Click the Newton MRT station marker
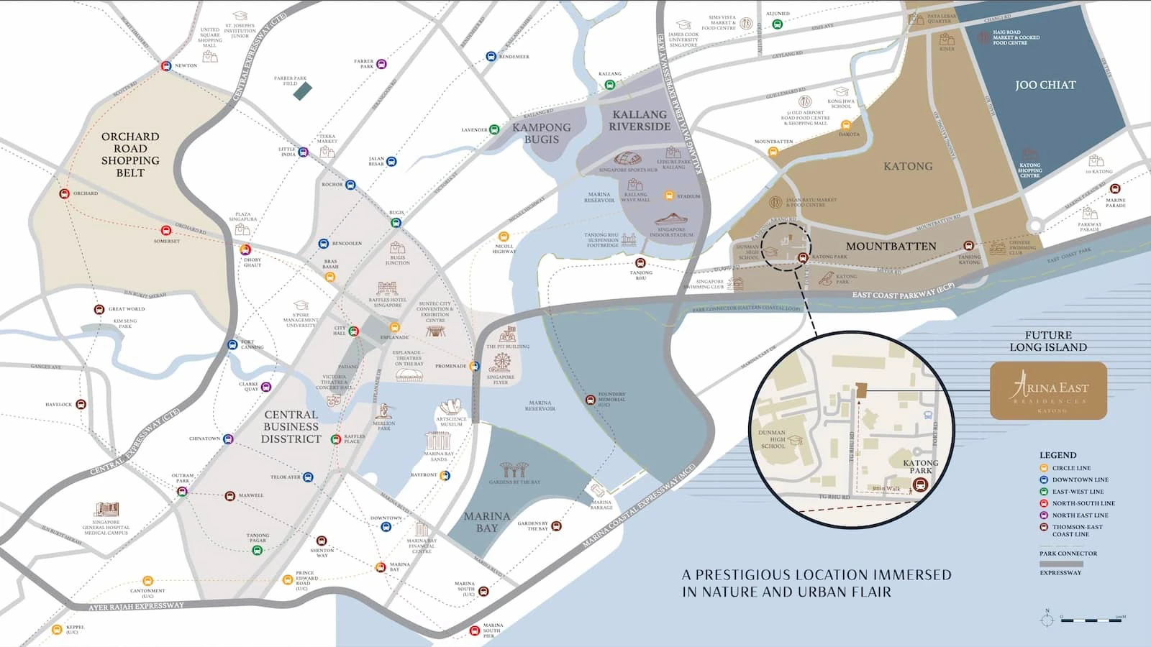pos(166,66)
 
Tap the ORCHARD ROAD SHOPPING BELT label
pos(130,154)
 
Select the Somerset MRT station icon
pos(166,231)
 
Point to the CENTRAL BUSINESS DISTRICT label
pos(291,426)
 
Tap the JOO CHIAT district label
pos(1045,85)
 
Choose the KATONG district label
pos(908,166)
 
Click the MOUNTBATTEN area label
pos(891,246)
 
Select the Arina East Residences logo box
pos(1048,391)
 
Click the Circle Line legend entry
pos(1070,468)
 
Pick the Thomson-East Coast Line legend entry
pos(1076,531)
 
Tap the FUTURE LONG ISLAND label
pos(1048,341)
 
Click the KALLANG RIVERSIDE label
pos(640,120)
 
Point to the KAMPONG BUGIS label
pos(541,133)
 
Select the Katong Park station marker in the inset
pos(919,486)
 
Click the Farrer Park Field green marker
pos(303,91)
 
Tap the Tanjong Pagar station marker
pos(257,551)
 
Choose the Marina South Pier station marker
pos(474,630)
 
